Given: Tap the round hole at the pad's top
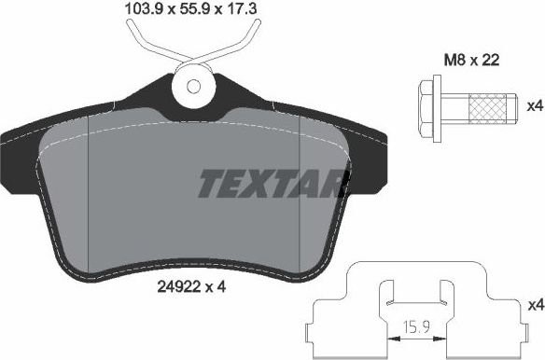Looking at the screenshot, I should click(x=194, y=87).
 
